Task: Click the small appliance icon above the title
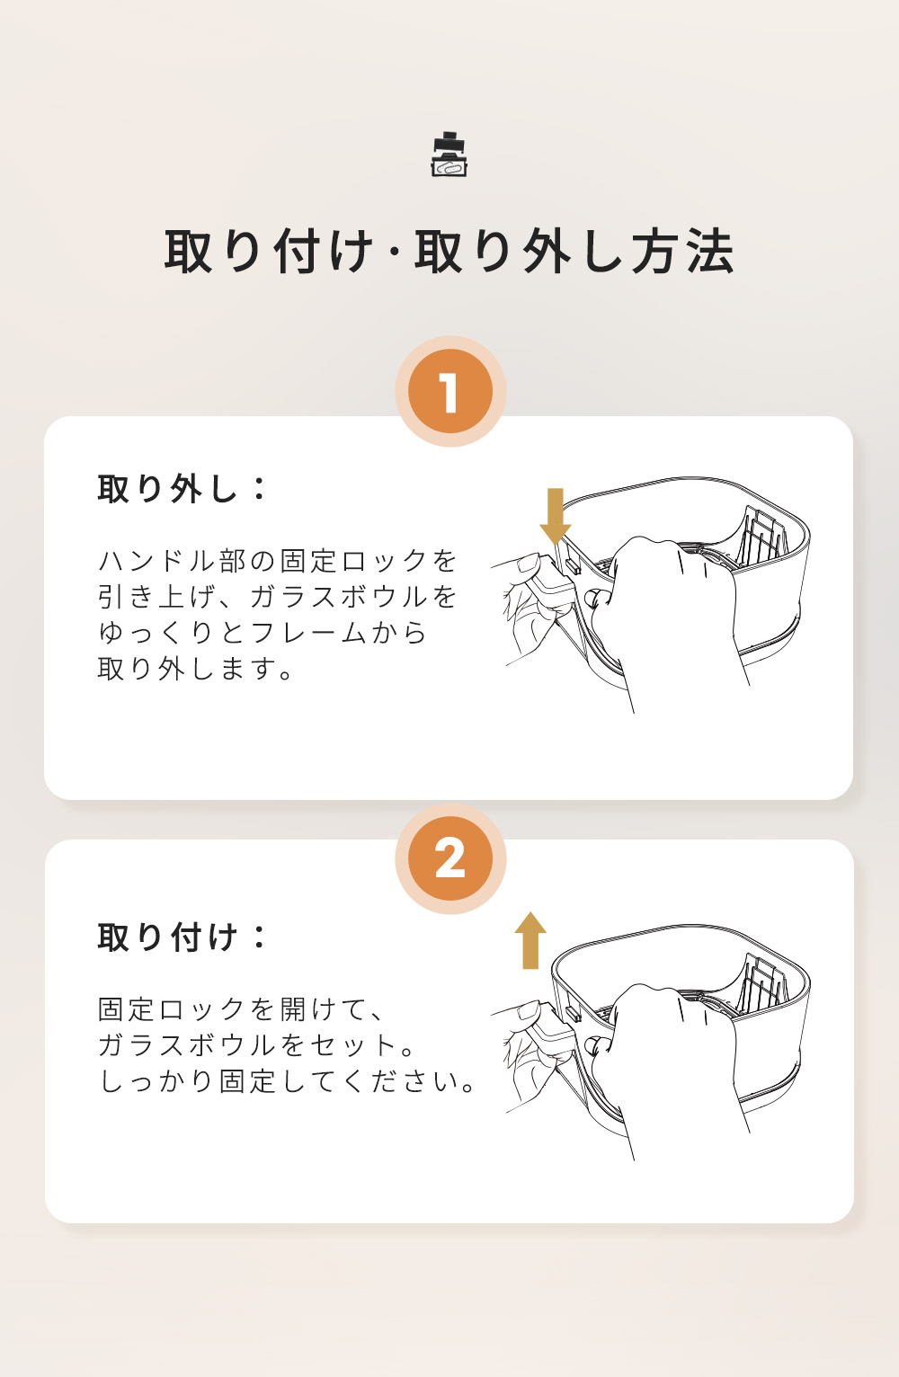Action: (449, 155)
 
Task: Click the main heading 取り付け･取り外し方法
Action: (449, 251)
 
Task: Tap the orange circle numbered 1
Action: (450, 392)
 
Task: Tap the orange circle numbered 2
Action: (450, 858)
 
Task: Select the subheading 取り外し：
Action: (182, 489)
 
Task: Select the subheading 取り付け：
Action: (182, 937)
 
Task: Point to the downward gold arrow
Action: (556, 516)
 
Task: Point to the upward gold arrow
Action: (530, 940)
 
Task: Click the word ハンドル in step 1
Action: (159, 561)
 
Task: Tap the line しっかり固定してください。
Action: (287, 1081)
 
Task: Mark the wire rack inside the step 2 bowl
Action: (762, 982)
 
